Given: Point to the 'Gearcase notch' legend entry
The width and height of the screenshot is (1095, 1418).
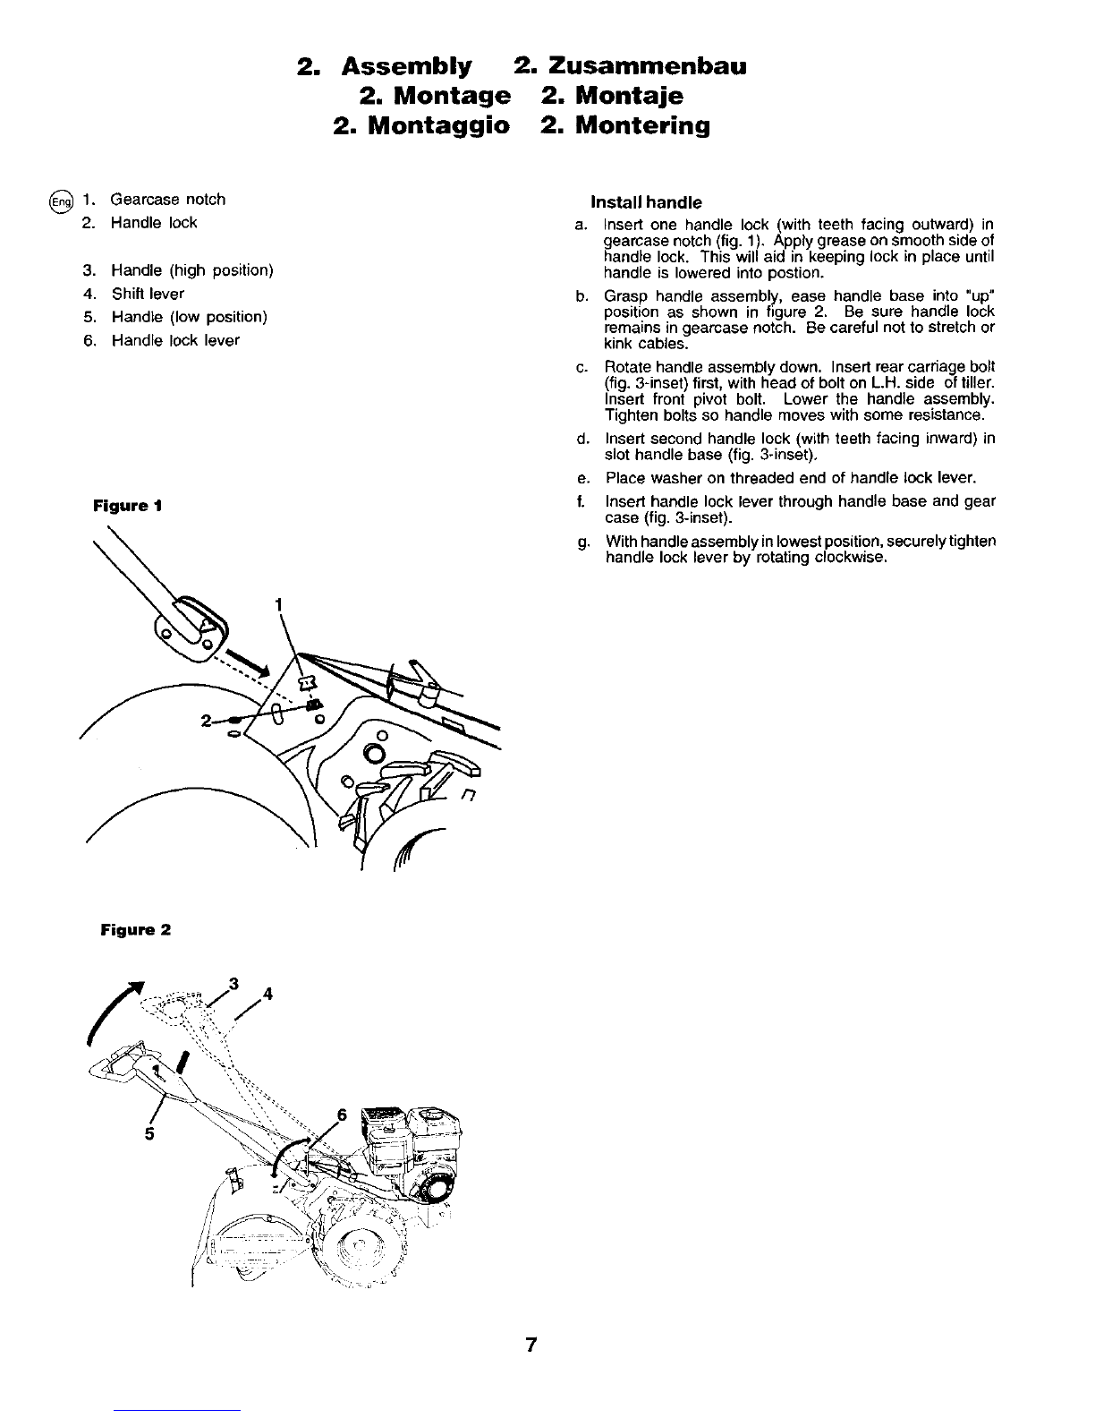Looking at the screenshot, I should click(x=167, y=199).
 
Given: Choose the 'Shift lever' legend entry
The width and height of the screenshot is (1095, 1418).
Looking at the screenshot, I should click(x=148, y=294).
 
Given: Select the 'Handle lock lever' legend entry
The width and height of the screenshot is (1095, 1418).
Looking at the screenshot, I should click(x=175, y=340).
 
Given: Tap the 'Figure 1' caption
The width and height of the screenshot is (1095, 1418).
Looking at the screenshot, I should click(x=127, y=505).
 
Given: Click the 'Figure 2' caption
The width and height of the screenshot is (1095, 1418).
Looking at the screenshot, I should click(x=135, y=930).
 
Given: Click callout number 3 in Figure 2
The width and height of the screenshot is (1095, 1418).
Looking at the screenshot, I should click(x=233, y=984).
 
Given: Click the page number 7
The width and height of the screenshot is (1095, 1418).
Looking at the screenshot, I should click(x=531, y=1345).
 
